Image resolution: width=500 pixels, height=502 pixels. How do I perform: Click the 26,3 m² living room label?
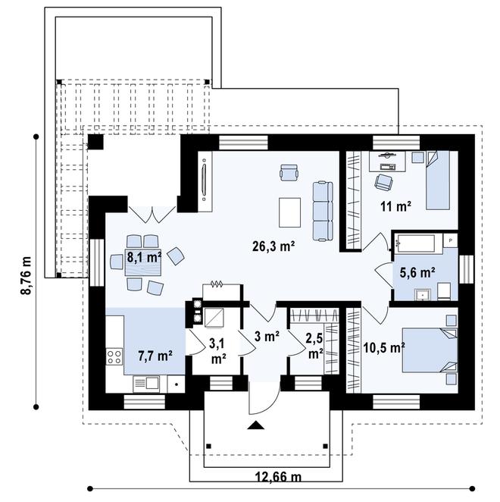pos(273,246)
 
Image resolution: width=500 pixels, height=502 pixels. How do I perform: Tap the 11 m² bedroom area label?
pos(395,206)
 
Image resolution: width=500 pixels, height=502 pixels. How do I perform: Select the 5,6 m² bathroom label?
pos(417,273)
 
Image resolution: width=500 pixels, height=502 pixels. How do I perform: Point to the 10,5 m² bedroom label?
pos(385,347)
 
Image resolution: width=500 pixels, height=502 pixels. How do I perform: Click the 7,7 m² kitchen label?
pos(155,356)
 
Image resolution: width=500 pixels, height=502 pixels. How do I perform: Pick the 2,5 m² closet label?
pos(315,346)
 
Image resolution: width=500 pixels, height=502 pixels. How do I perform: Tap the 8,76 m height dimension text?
pos(26,275)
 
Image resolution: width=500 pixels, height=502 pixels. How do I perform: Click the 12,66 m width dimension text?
pos(278,477)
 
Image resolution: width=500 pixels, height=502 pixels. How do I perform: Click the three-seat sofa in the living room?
pos(323,211)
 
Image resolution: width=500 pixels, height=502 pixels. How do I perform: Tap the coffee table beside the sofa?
pos(289,212)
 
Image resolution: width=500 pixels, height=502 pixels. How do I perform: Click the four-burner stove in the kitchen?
pos(114,356)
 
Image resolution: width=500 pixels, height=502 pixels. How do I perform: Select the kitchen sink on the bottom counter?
pos(146,384)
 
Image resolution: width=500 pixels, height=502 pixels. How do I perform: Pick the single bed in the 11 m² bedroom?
pos(438,180)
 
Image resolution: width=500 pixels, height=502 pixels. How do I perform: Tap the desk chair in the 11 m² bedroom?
pos(383,181)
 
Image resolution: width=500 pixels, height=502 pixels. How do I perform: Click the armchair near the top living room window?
pos(289,173)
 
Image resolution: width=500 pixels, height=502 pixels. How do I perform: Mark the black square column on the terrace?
pos(95,142)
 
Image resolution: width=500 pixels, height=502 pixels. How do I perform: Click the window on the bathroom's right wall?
pos(466,269)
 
